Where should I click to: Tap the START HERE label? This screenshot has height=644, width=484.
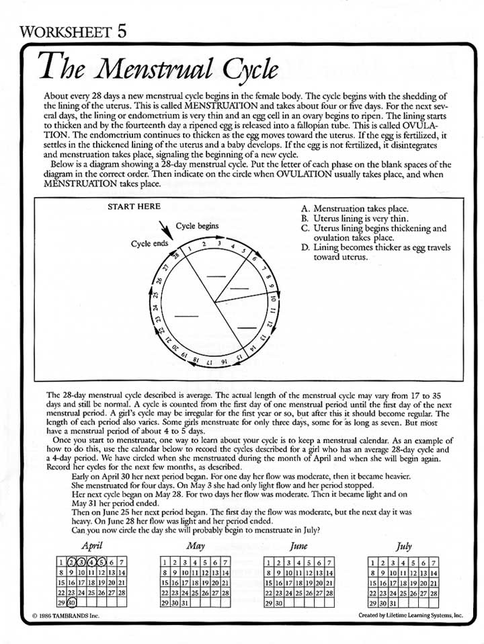[134, 207]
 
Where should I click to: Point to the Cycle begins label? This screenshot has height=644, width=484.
[197, 227]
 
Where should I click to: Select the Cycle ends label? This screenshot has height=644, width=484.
[149, 243]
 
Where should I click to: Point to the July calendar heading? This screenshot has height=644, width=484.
[404, 547]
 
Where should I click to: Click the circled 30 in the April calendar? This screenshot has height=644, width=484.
[71, 603]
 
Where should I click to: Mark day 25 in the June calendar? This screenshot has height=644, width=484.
[300, 593]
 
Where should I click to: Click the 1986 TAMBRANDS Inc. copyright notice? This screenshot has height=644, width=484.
[65, 615]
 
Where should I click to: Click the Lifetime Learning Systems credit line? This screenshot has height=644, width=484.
[411, 615]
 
